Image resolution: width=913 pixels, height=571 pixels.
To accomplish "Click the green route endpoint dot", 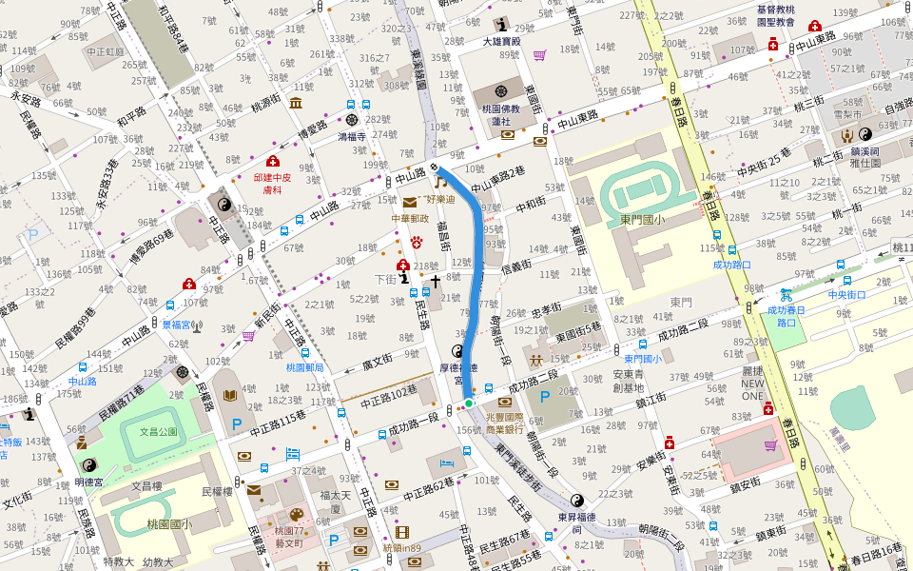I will (x=469, y=404).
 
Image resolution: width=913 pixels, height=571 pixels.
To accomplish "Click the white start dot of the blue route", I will (x=439, y=168).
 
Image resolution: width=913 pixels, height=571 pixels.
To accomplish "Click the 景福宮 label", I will (x=177, y=325).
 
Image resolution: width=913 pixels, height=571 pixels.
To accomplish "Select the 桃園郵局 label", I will (x=305, y=366).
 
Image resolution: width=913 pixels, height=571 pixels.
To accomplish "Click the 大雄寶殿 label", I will (x=501, y=41).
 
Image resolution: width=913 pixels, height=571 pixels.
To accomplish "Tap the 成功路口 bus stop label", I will (x=731, y=265).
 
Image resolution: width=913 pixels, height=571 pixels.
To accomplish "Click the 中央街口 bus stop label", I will (x=846, y=294).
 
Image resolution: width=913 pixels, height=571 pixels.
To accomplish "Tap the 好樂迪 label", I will (x=440, y=199).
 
